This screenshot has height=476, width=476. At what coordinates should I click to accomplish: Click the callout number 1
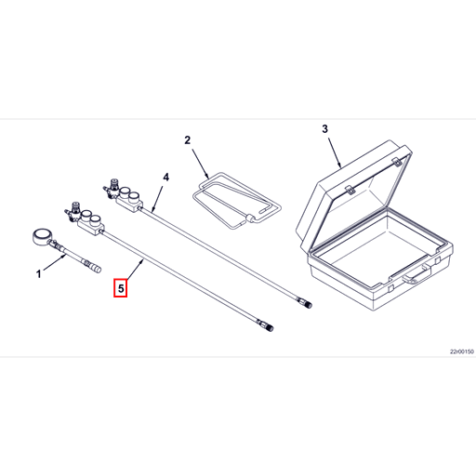39,274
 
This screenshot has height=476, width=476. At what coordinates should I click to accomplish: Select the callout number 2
188,140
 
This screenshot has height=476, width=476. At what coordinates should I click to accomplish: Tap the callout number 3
324,129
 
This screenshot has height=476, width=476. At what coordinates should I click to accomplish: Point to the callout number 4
166,178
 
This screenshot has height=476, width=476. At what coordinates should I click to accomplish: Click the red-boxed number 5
121,288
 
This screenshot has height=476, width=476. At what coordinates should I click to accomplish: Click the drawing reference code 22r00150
462,351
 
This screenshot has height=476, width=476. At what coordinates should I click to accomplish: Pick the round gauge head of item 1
41,237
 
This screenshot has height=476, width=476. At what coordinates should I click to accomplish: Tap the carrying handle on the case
417,274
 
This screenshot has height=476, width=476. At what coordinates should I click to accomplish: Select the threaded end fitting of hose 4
304,302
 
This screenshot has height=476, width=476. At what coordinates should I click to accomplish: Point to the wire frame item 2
236,201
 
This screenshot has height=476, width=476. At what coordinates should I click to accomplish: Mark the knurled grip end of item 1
94,268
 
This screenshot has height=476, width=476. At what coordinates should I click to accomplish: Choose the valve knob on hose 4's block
114,183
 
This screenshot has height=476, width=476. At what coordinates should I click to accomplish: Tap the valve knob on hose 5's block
75,206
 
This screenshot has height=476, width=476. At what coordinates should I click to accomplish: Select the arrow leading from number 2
201,164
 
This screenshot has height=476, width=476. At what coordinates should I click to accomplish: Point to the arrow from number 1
55,262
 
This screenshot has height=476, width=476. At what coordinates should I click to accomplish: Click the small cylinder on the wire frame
249,218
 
